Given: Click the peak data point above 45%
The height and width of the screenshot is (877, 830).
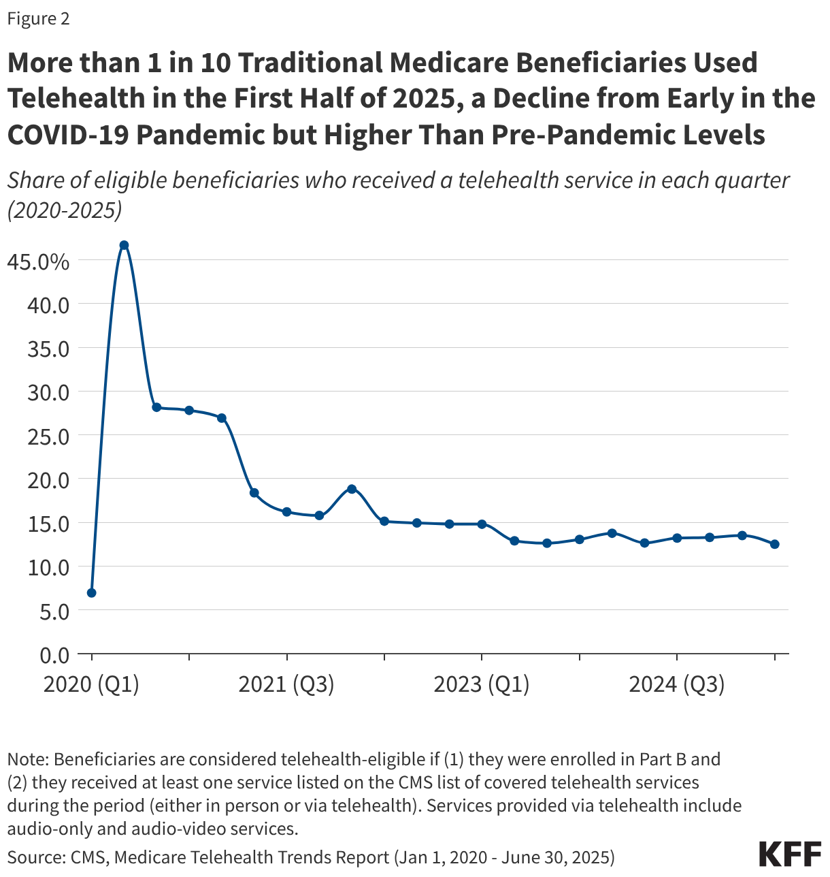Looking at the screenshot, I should pyautogui.click(x=124, y=245).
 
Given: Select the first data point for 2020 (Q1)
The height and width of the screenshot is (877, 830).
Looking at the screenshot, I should pyautogui.click(x=92, y=593).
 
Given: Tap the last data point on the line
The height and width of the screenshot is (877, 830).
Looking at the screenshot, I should pyautogui.click(x=774, y=544).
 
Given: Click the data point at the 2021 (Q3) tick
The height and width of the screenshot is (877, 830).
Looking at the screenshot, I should pyautogui.click(x=286, y=512).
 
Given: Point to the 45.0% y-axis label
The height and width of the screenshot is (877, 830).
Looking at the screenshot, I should pyautogui.click(x=39, y=261).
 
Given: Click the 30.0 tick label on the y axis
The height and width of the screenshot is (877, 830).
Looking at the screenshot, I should pyautogui.click(x=48, y=393).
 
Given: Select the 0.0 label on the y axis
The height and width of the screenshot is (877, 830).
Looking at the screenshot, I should pyautogui.click(x=54, y=656).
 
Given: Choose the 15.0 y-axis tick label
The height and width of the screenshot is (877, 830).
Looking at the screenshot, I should pyautogui.click(x=48, y=524).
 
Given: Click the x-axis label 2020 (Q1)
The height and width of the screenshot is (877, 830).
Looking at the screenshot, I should pyautogui.click(x=91, y=684).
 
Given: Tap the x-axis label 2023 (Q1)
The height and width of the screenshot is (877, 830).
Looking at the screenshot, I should pyautogui.click(x=482, y=684).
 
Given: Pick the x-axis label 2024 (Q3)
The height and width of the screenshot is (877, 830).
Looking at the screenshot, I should pyautogui.click(x=676, y=684).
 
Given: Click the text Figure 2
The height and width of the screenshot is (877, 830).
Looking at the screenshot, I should pyautogui.click(x=39, y=18).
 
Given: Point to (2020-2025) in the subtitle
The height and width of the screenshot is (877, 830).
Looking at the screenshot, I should pyautogui.click(x=65, y=210).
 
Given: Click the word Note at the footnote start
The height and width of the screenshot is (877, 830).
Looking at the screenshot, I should pyautogui.click(x=24, y=759).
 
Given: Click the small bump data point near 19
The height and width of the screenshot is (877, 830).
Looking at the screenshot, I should pyautogui.click(x=352, y=489).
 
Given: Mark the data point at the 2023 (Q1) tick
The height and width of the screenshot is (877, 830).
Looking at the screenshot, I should pyautogui.click(x=482, y=524).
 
